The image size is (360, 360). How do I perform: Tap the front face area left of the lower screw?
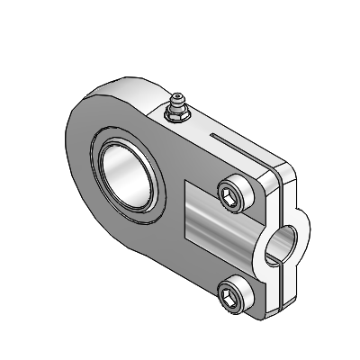[198, 279]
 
